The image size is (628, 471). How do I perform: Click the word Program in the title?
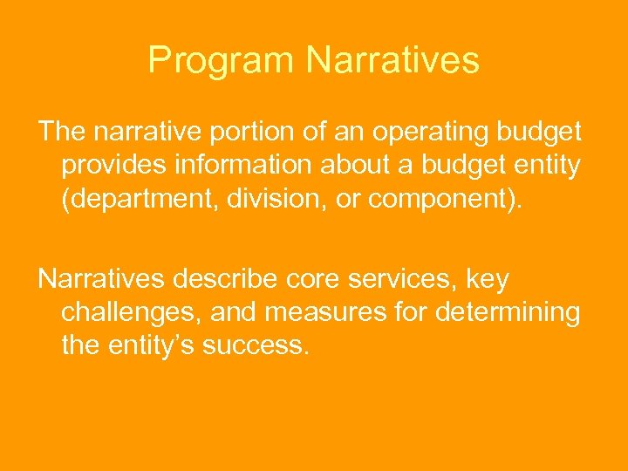222,61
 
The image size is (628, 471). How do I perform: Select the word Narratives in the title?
392,61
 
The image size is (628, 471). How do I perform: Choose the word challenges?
132,313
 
